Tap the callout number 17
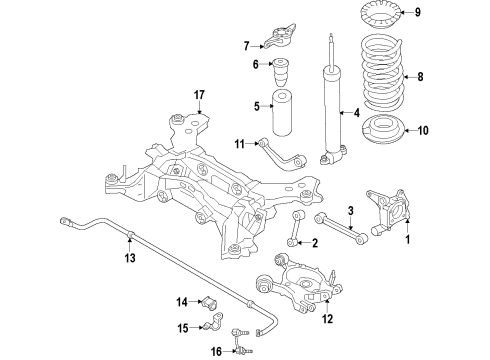coord(199,95)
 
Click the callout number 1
coord(407,241)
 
